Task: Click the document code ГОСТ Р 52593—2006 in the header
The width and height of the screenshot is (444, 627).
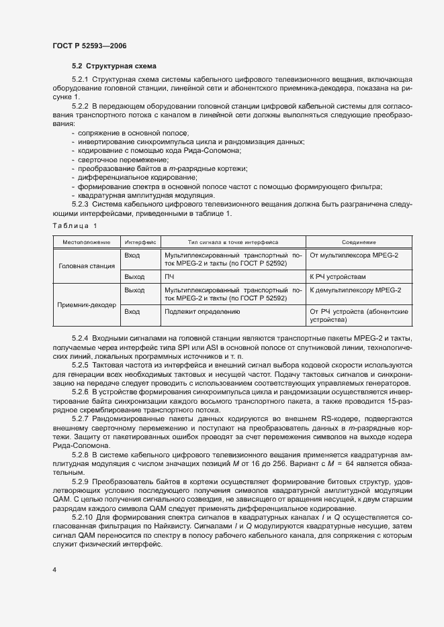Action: coord(89,46)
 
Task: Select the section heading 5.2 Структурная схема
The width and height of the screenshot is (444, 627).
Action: coord(114,66)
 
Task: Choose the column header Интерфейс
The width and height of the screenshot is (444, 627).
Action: coord(140,241)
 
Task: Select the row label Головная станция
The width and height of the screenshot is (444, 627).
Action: coord(86,266)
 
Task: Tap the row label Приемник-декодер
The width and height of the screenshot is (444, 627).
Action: coord(86,304)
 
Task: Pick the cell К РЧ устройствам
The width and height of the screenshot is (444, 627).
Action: coord(338,276)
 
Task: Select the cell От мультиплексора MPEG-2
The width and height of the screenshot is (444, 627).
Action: coord(354,255)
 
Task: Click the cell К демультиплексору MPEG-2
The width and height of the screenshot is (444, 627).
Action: coord(355,290)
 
